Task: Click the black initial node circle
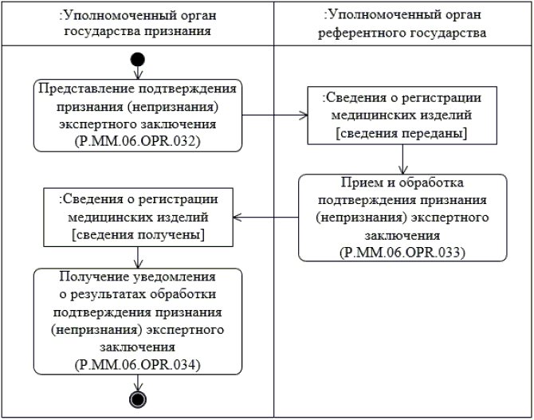coord(139,59)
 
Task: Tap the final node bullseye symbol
coord(139,398)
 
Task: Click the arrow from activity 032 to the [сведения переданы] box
coord(275,116)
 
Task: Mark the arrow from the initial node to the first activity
coord(139,72)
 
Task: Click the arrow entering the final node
coord(139,382)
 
